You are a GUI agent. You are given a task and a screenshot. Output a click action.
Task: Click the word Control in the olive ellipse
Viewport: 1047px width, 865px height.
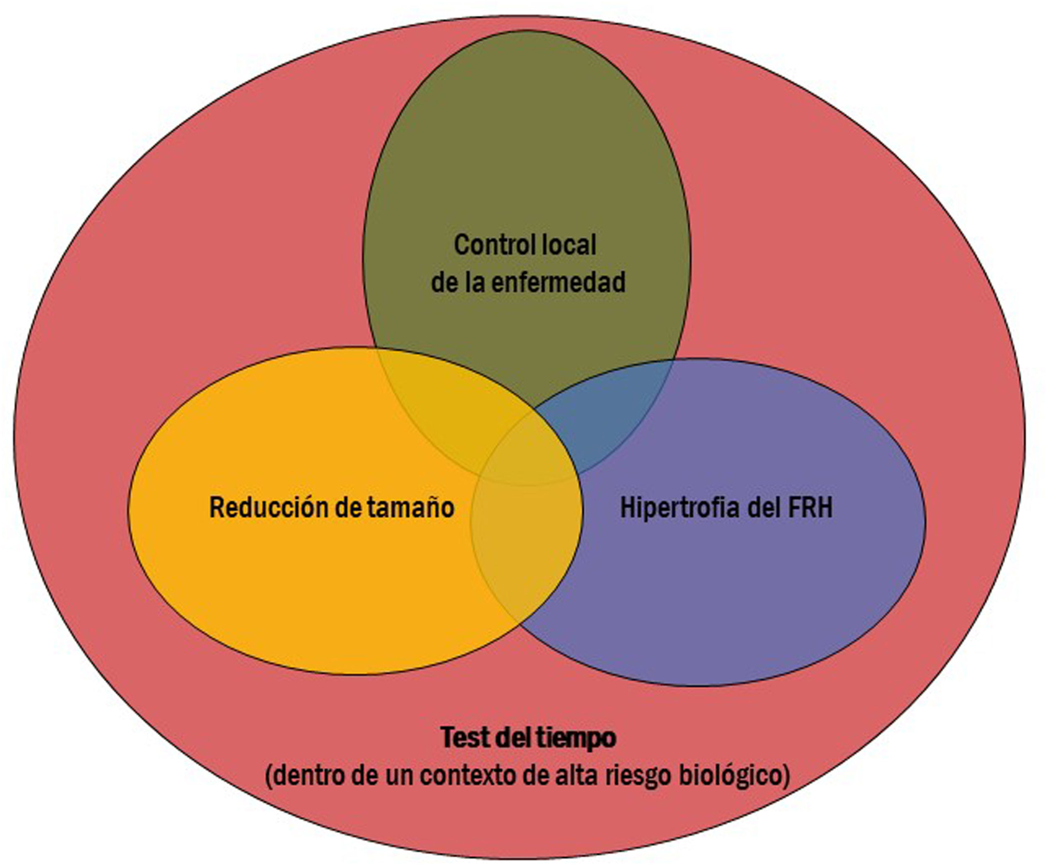coord(488,245)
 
